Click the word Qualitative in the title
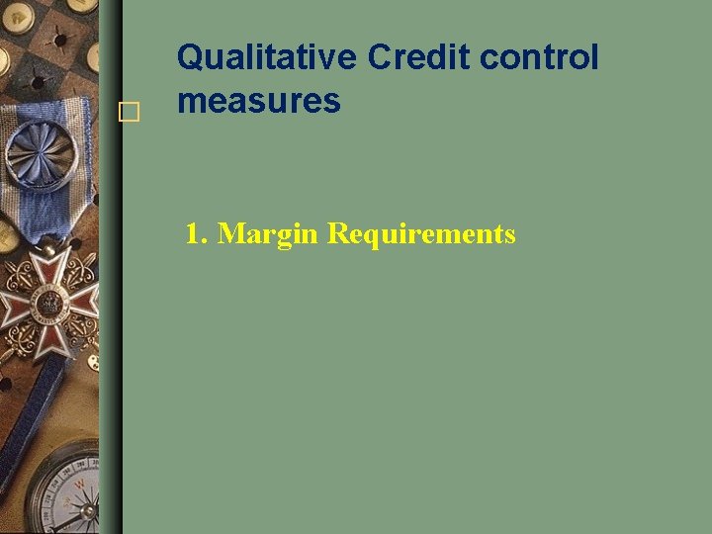pos(266,57)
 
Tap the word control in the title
pos(539,57)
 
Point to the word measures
pos(258,100)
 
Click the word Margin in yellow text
pos(268,234)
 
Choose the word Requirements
pos(421,234)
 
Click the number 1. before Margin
pos(198,234)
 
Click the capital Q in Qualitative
pos(190,57)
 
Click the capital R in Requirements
pos(338,234)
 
